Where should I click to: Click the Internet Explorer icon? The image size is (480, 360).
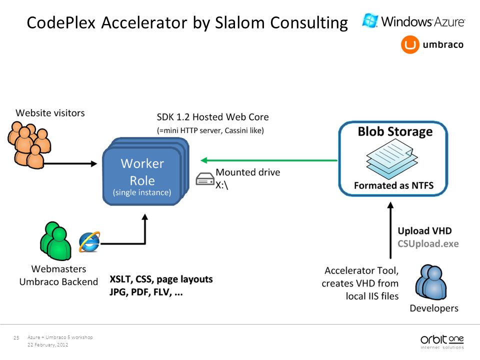tap(89, 242)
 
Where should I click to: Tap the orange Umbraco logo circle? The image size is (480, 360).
tap(410, 44)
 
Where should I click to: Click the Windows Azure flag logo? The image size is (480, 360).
tap(370, 21)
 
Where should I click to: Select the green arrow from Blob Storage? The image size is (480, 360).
tap(269, 160)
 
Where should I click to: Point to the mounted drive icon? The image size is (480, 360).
tap(205, 179)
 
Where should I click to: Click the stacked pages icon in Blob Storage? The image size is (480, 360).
tap(392, 159)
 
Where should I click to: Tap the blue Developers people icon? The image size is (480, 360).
tap(430, 282)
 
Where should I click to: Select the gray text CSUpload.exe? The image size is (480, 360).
tap(428, 243)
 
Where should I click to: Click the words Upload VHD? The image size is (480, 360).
tap(424, 230)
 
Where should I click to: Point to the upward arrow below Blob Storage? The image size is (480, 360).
tap(390, 230)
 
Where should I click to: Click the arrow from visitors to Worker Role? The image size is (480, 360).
tap(70, 164)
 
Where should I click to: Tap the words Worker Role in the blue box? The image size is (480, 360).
tap(142, 171)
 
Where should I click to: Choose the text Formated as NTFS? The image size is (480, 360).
tap(393, 185)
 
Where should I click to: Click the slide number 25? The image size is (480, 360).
tap(16, 337)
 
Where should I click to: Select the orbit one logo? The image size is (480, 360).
tap(442, 341)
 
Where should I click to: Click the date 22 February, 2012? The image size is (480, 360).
tap(48, 344)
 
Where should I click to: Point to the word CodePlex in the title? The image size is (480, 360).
tap(61, 22)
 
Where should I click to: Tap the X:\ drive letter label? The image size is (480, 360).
tap(222, 185)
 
